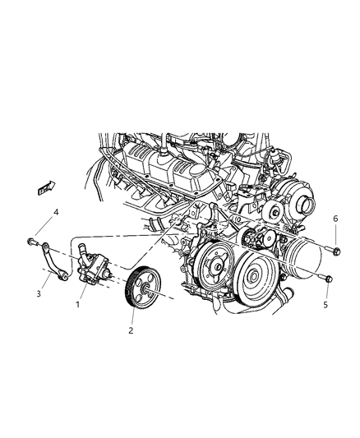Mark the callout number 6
[x=334, y=218]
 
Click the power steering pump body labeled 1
[x=97, y=267]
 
